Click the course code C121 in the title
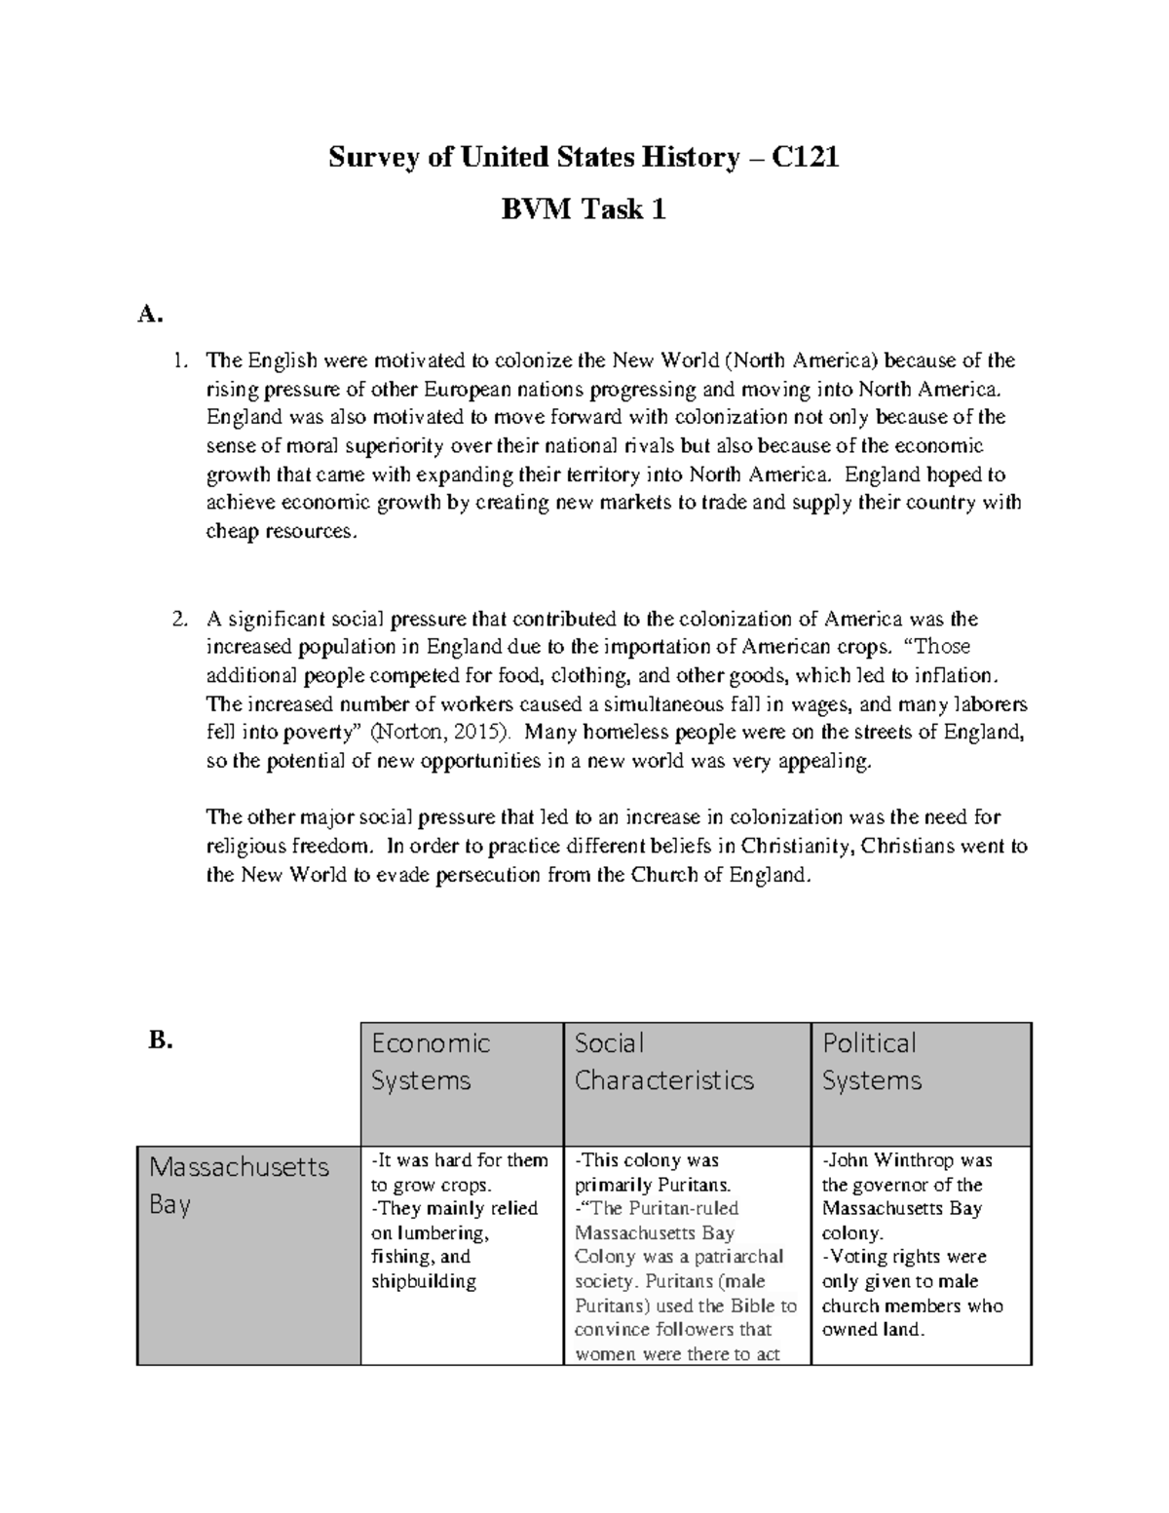tap(806, 157)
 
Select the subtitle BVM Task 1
tap(584, 209)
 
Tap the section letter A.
tap(147, 314)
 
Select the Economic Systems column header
tap(430, 1061)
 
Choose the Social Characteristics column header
tap(663, 1061)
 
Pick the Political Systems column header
tap(871, 1061)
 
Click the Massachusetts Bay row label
tap(239, 1185)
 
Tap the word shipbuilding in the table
tap(423, 1281)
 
